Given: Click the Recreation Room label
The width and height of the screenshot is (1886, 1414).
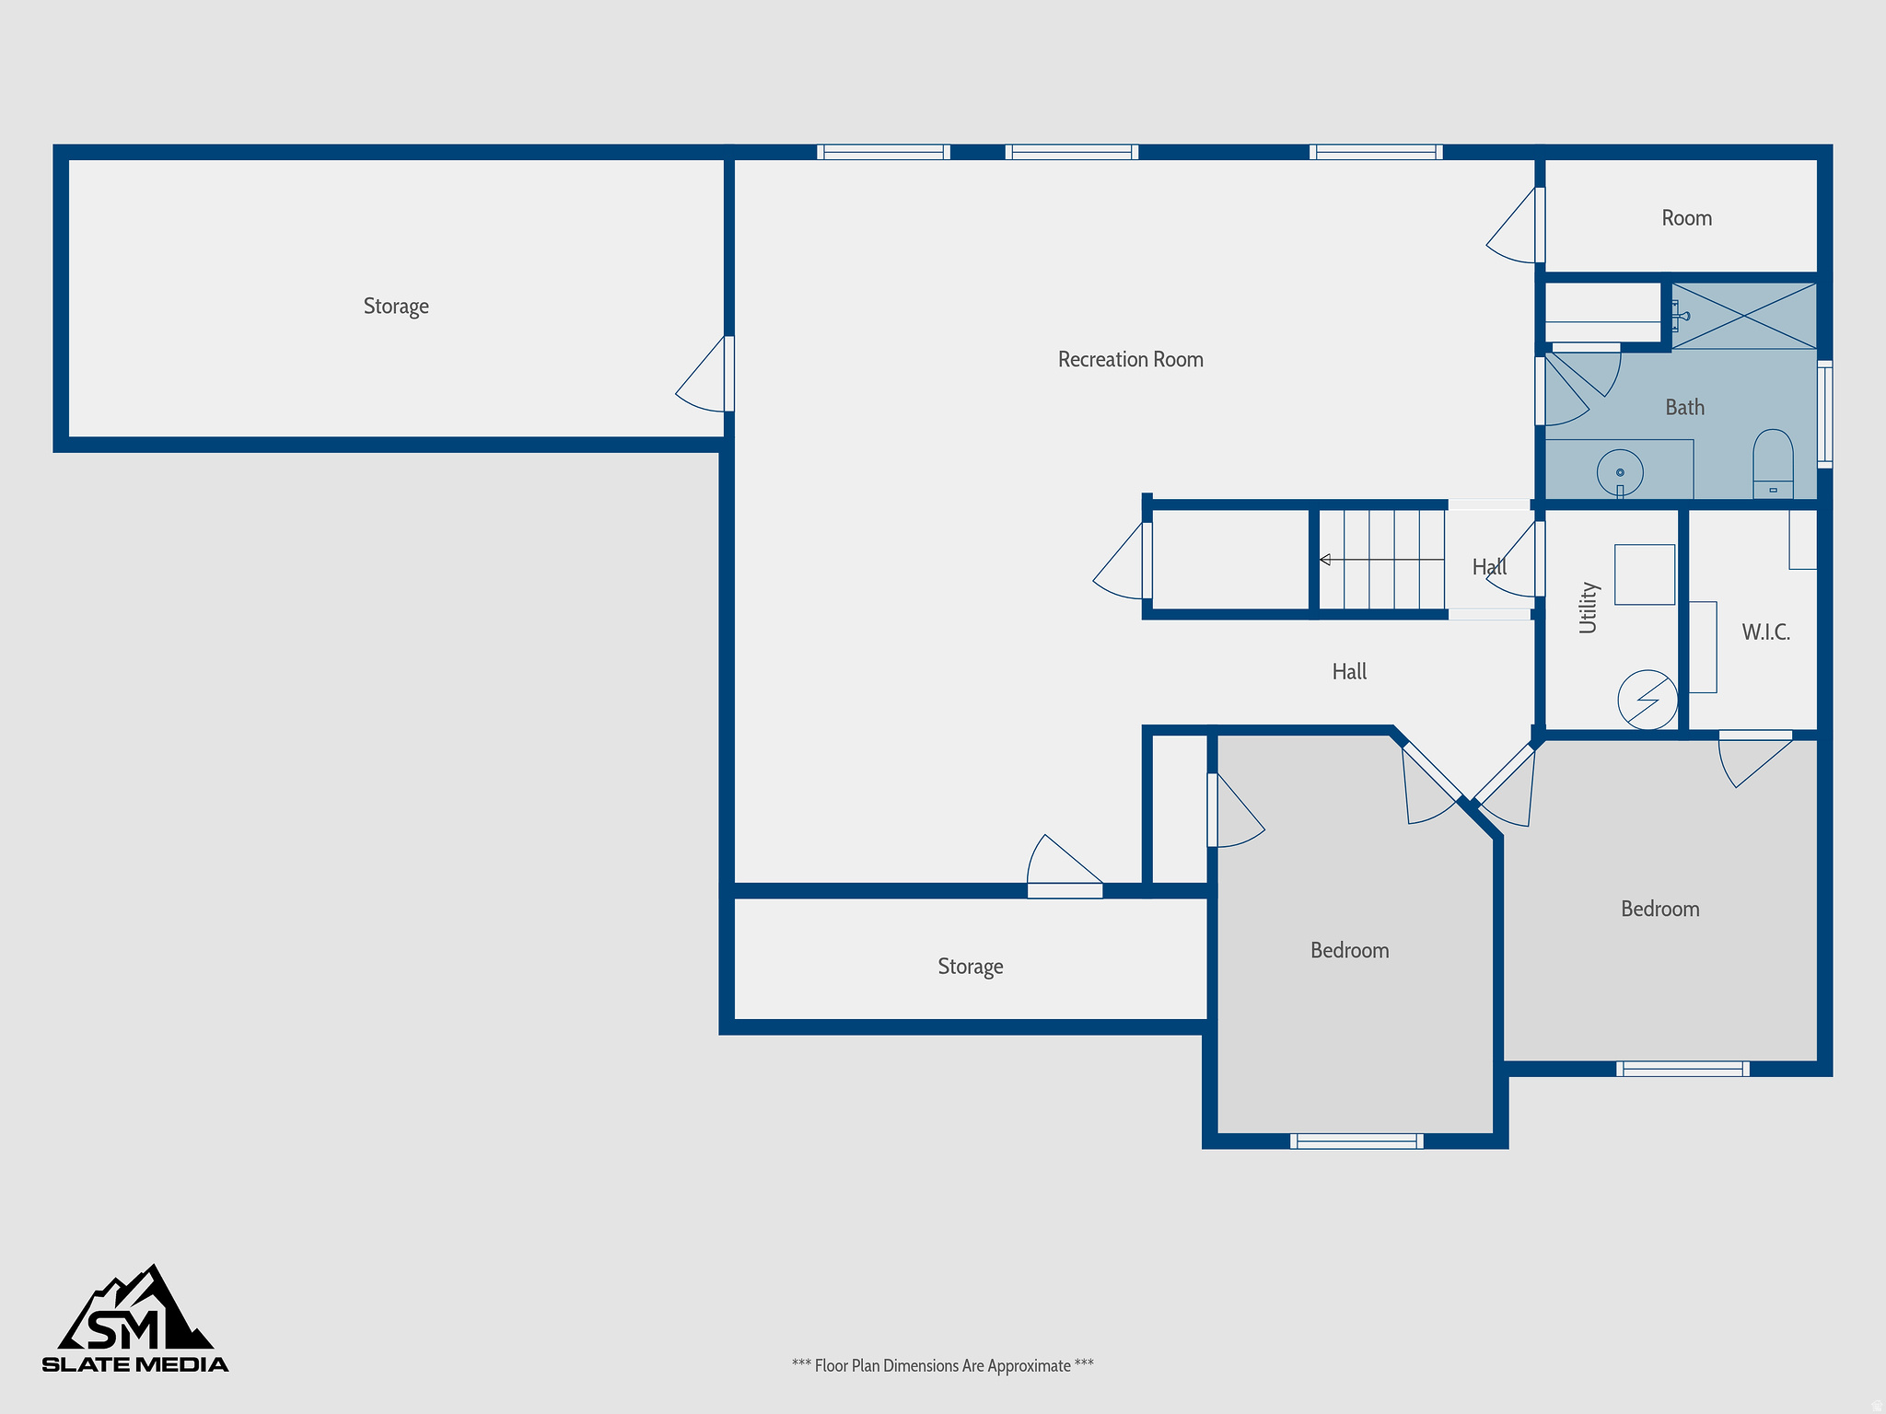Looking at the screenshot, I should [1130, 360].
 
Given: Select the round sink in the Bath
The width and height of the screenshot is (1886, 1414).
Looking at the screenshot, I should [1620, 472].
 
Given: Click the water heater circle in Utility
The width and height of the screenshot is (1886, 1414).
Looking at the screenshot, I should [1647, 700].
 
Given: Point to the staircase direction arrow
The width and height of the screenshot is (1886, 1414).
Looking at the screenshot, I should [1325, 560].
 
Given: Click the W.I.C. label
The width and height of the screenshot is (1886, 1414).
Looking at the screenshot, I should [1765, 632].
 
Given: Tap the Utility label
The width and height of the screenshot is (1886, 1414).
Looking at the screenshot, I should [1589, 608].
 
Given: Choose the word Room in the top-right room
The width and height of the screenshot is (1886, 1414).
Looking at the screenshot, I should [1686, 218].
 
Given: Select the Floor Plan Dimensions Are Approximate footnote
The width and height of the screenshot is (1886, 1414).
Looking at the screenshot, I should [942, 1365].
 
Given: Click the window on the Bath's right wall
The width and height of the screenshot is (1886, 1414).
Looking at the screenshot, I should [1824, 414].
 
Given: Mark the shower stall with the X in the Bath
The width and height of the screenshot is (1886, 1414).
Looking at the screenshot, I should [1743, 316].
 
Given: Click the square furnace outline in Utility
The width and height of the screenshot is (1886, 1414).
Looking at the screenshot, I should [1644, 574].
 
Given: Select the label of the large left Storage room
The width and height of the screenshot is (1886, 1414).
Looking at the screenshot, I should [396, 307].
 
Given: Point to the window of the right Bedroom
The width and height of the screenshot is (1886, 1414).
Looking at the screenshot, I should [1682, 1069].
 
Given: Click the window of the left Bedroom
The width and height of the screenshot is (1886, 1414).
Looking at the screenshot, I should [1356, 1142].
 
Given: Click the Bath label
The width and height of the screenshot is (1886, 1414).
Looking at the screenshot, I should [1684, 408].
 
